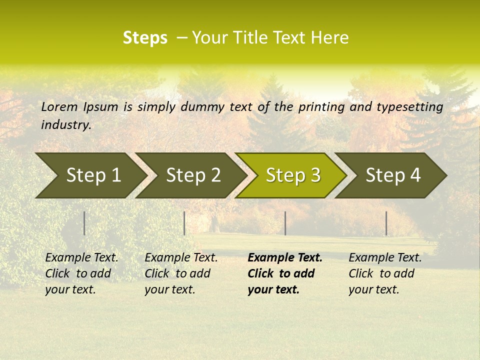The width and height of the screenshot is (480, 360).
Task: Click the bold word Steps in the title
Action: [x=145, y=38]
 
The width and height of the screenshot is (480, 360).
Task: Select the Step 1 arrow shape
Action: [x=90, y=175]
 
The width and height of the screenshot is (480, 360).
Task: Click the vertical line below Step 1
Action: [x=84, y=223]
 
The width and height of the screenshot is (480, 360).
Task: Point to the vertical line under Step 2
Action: [x=184, y=223]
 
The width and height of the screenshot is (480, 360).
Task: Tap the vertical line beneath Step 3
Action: [x=285, y=223]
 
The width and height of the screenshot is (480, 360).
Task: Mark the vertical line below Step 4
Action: [x=386, y=223]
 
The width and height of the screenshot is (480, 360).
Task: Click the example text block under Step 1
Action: [x=81, y=273]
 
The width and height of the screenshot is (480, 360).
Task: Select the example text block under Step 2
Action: [x=180, y=273]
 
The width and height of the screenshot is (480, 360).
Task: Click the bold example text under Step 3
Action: [x=284, y=273]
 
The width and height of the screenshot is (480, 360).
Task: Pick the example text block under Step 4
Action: [x=384, y=273]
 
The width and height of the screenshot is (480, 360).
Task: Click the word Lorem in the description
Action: [x=59, y=106]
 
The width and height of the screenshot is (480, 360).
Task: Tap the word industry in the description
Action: [x=65, y=125]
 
